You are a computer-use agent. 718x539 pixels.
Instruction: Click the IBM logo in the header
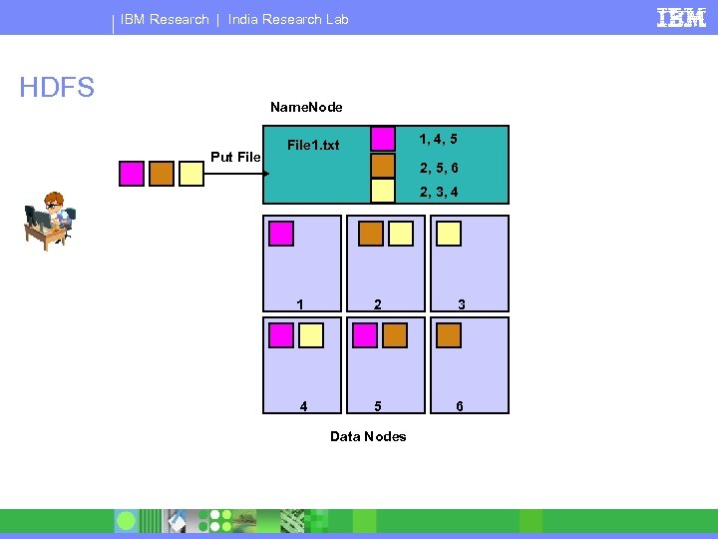point(682,17)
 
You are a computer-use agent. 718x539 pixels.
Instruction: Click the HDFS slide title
point(57,89)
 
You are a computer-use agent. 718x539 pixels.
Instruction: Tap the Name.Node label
point(306,107)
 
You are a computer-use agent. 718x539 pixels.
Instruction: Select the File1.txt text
point(313,146)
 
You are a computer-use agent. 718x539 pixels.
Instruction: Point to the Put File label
point(235,157)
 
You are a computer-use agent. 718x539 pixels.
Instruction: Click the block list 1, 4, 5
point(439,139)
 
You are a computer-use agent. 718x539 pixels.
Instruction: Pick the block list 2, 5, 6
point(439,167)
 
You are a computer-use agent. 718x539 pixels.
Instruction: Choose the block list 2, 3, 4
point(439,192)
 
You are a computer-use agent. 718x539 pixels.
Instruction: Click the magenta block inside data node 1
point(282,234)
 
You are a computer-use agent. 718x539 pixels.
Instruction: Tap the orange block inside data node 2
point(371,234)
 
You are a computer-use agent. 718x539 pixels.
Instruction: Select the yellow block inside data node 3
point(450,234)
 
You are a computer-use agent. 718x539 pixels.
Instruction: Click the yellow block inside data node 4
point(311,335)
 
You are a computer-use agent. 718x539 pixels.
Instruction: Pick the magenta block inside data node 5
point(365,335)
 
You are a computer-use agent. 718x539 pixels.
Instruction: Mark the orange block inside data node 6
point(450,335)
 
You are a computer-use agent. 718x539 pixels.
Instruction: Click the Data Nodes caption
point(368,436)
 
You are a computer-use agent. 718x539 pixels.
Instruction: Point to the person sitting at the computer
point(49,221)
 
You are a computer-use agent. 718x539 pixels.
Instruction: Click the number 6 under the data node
point(459,406)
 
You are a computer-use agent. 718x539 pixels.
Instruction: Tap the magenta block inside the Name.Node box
point(383,139)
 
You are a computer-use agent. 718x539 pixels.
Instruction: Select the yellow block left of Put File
point(191,174)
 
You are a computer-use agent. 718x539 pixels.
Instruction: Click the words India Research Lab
point(288,19)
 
